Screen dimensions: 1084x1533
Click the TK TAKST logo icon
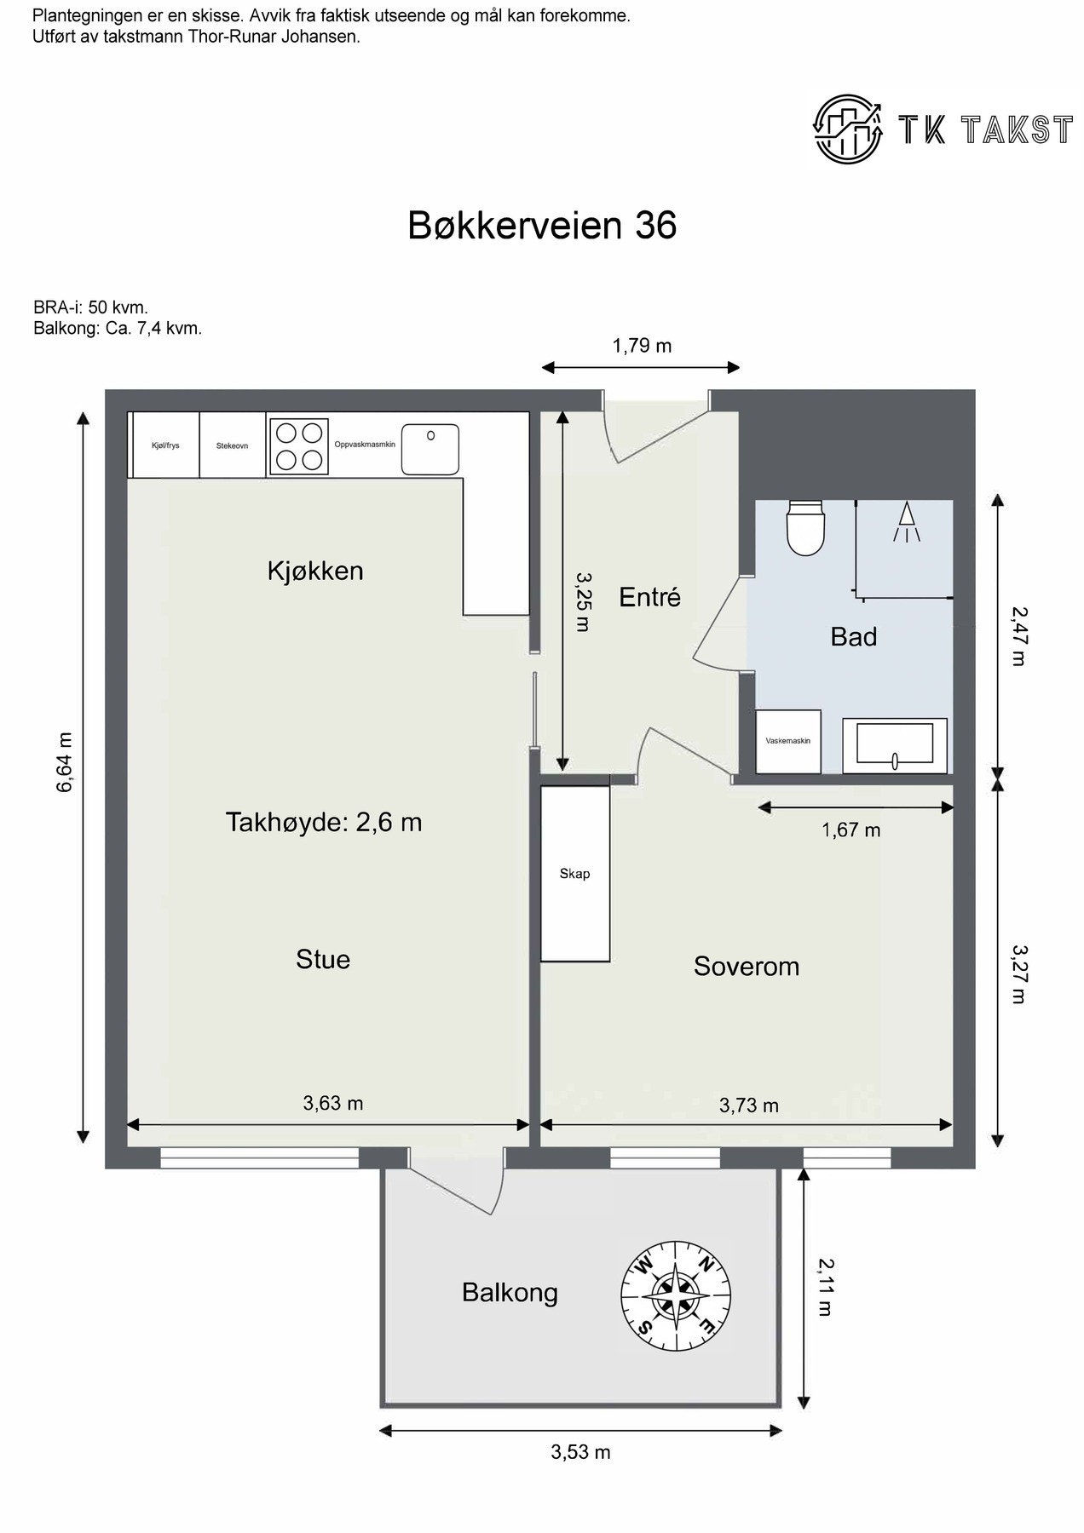[x=849, y=129]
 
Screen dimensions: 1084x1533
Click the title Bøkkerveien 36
[x=542, y=226]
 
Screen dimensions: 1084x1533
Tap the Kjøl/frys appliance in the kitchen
[x=164, y=445]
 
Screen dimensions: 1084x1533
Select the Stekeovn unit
[x=233, y=445]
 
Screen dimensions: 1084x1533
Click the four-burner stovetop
[x=300, y=445]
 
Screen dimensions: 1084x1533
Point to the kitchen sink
[x=430, y=449]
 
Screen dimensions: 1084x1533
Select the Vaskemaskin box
[x=788, y=741]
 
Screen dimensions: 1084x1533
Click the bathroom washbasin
[x=895, y=746]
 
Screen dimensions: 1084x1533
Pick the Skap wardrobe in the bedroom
[x=575, y=873]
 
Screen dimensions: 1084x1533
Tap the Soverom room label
[x=747, y=966]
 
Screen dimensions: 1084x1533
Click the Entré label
[x=650, y=597]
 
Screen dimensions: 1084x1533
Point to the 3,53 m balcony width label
[x=580, y=1452]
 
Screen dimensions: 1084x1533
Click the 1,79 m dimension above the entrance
[x=642, y=345]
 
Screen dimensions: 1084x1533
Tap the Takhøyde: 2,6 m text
[x=324, y=822]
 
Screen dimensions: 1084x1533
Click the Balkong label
[x=510, y=1293]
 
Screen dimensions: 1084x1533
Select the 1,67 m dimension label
[x=851, y=830]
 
